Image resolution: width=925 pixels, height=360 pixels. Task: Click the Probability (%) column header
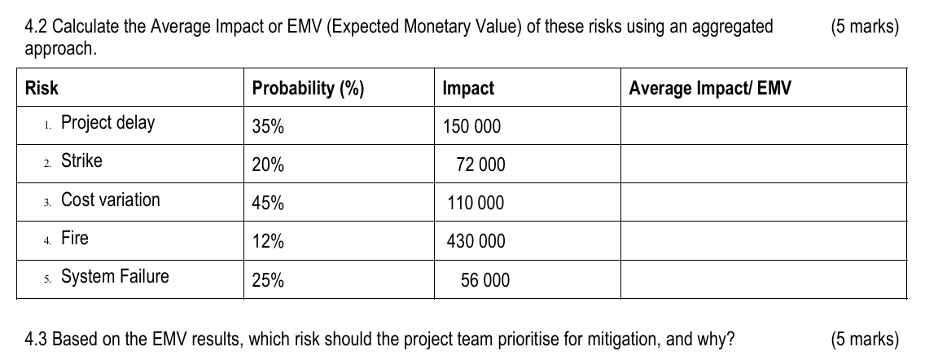[308, 89]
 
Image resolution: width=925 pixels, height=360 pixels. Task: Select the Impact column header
[468, 89]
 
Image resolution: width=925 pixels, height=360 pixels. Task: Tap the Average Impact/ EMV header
[709, 89]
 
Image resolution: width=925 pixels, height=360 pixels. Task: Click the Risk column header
[42, 89]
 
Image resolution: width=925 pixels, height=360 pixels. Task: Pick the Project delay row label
[107, 124]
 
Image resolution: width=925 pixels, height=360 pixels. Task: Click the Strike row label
[81, 161]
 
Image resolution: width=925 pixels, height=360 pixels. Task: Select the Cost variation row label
[111, 200]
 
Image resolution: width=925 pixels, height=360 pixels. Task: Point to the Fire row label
[75, 239]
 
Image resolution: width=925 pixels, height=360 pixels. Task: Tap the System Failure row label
[115, 277]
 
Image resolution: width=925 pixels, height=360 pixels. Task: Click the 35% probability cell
[268, 127]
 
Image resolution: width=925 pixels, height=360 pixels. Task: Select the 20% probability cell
[268, 165]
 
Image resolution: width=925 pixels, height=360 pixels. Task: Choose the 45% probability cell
[268, 204]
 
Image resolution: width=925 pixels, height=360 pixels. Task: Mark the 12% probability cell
[268, 242]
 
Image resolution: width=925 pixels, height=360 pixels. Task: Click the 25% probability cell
[268, 281]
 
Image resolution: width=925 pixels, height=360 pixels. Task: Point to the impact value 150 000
[472, 127]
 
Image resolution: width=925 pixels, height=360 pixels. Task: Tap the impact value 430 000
[476, 242]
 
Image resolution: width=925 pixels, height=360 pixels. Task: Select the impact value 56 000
[485, 281]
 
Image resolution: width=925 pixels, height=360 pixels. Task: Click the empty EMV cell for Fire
[763, 241]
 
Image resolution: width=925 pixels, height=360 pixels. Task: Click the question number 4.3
[37, 339]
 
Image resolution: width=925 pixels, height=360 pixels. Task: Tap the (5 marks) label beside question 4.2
[865, 27]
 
